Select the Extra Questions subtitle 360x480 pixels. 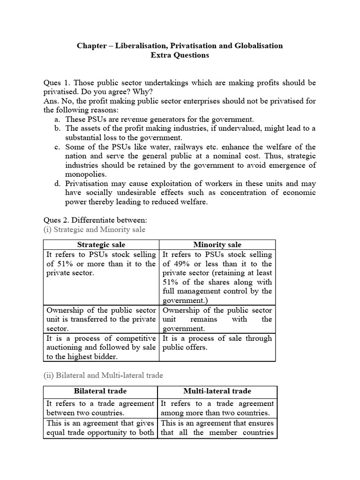point(180,55)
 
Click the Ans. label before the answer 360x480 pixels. point(51,101)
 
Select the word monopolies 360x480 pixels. point(86,174)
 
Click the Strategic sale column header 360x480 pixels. point(101,245)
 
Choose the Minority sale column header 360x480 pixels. point(217,245)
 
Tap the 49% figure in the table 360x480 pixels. point(181,263)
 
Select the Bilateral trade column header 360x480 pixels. point(100,391)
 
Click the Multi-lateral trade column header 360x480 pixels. point(217,391)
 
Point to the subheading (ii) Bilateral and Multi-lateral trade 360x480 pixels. point(103,375)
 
